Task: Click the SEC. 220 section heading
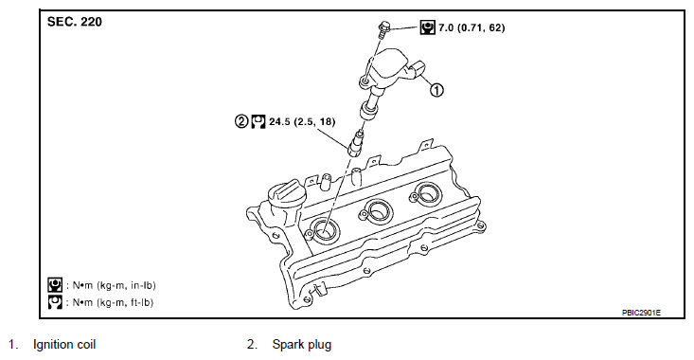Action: (75, 22)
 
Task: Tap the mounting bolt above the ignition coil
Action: (383, 27)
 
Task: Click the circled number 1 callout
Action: (436, 90)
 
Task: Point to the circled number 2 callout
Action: (241, 121)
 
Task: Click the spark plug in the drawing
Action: (357, 142)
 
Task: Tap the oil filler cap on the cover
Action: (284, 194)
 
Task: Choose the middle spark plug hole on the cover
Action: (377, 210)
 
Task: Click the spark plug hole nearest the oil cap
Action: (326, 230)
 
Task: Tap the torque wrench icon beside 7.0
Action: (427, 27)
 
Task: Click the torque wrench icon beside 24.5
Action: (258, 121)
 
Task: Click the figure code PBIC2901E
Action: (641, 313)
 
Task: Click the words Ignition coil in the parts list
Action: (64, 345)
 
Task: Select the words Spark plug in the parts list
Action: (302, 345)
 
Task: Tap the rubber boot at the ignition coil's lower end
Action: (369, 110)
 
